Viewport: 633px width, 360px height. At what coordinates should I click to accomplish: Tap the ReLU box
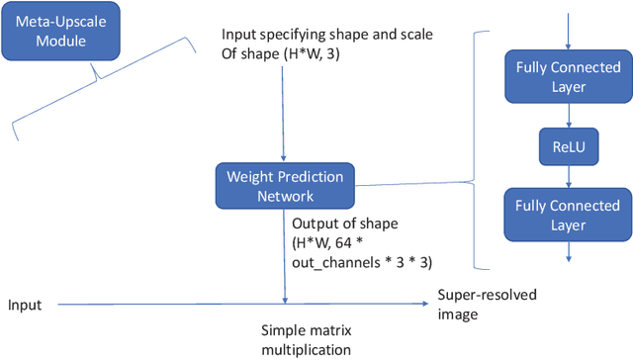click(x=569, y=144)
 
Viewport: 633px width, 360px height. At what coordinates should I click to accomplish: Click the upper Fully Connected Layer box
click(x=568, y=76)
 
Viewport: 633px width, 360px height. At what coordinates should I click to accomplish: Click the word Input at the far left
click(x=25, y=305)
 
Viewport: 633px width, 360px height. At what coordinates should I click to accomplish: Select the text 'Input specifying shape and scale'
click(x=326, y=36)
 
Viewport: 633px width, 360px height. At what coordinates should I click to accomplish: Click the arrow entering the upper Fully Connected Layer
click(x=569, y=30)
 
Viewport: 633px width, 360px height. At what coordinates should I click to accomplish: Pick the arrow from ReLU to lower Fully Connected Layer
click(x=569, y=175)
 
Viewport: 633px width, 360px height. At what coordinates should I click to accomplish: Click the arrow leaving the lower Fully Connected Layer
click(x=569, y=253)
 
